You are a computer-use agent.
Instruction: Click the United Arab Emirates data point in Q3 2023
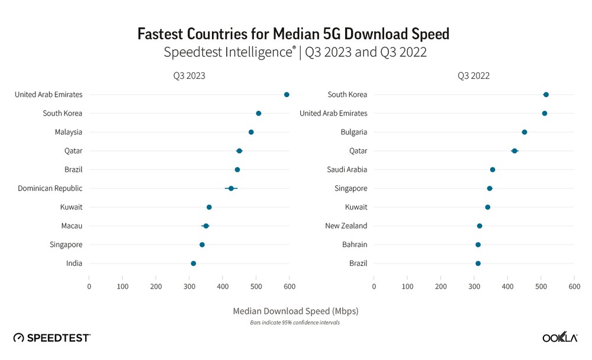point(287,95)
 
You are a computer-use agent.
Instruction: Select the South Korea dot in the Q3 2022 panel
point(546,95)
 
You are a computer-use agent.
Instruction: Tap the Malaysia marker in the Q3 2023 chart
point(251,132)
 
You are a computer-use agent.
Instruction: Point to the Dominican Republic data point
point(231,188)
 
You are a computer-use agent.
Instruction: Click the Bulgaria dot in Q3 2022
point(524,132)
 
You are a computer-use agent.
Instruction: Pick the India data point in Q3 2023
point(193,263)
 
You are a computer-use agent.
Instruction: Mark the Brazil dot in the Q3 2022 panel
point(478,263)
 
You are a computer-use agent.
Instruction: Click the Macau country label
point(71,226)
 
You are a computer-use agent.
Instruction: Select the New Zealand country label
point(346,226)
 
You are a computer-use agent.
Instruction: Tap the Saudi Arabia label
point(347,169)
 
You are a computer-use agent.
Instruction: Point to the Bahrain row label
point(354,245)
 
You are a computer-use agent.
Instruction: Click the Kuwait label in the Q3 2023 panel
point(71,207)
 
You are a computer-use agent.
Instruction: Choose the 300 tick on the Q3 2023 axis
point(189,287)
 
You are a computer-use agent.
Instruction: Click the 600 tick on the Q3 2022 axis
point(574,287)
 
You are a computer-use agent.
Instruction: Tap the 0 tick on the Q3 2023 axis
point(89,287)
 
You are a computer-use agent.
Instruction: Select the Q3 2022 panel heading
point(473,76)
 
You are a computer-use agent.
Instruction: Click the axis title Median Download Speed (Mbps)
point(295,310)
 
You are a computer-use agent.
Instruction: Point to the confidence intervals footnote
point(295,323)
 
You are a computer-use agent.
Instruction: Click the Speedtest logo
point(52,337)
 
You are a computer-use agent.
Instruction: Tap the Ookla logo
point(560,337)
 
